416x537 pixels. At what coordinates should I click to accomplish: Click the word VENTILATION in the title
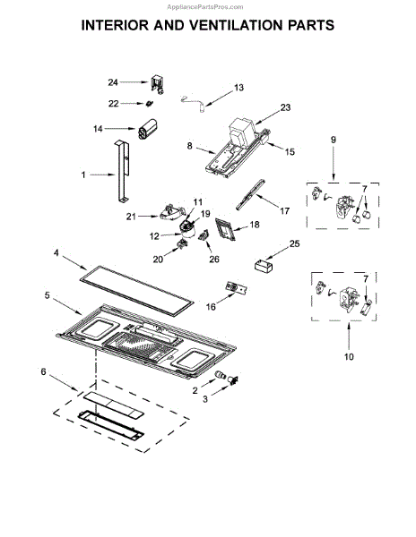click(x=218, y=25)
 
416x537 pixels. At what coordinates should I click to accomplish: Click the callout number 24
click(x=113, y=82)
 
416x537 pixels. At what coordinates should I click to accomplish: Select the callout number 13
click(x=238, y=88)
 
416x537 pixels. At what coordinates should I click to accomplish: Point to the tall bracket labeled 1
click(x=122, y=171)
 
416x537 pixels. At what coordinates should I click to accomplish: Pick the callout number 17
click(x=284, y=211)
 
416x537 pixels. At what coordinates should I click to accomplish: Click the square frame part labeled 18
click(x=226, y=229)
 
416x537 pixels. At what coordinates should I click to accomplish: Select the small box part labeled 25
click(x=264, y=266)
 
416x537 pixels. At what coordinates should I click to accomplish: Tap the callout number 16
click(x=211, y=306)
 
